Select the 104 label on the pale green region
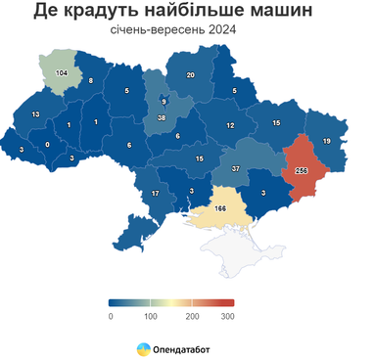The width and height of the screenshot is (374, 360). pyautogui.click(x=61, y=73)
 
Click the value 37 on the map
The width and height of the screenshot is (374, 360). pyautogui.click(x=236, y=168)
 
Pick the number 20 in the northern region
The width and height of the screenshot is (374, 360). pyautogui.click(x=191, y=75)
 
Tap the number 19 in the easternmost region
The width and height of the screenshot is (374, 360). pyautogui.click(x=326, y=142)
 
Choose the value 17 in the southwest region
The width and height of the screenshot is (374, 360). pyautogui.click(x=155, y=195)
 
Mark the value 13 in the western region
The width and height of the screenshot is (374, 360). pyautogui.click(x=35, y=115)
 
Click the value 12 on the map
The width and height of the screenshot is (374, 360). pyautogui.click(x=230, y=126)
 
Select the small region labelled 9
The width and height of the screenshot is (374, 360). pyautogui.click(x=164, y=102)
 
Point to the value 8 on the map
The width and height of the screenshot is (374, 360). pyautogui.click(x=90, y=80)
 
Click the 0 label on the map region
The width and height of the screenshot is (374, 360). pyautogui.click(x=48, y=145)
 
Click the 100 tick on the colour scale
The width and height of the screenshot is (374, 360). pyautogui.click(x=151, y=316)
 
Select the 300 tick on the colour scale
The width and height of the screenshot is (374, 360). pyautogui.click(x=228, y=316)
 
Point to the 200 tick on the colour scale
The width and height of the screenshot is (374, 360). pyautogui.click(x=192, y=316)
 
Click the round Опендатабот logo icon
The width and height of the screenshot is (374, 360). pyautogui.click(x=143, y=348)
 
